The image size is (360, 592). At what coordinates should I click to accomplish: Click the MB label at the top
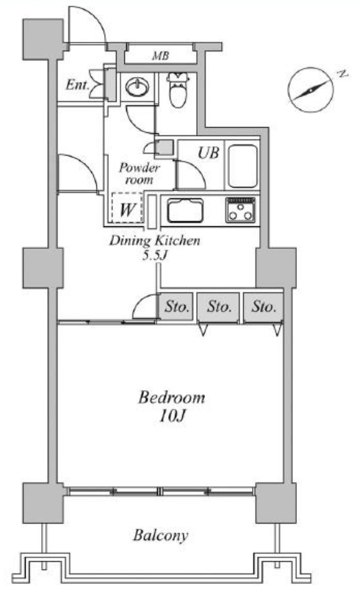pyautogui.click(x=160, y=57)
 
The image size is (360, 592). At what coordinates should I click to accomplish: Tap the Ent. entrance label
pyautogui.click(x=77, y=84)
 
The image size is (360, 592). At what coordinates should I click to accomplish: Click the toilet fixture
pyautogui.click(x=178, y=89)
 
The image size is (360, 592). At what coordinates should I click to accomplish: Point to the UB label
pyautogui.click(x=209, y=153)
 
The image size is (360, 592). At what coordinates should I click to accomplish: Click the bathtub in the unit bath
pyautogui.click(x=243, y=166)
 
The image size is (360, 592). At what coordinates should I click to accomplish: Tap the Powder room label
pyautogui.click(x=140, y=173)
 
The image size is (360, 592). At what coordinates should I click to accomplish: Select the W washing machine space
pyautogui.click(x=126, y=207)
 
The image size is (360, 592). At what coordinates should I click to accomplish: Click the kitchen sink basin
pyautogui.click(x=185, y=210)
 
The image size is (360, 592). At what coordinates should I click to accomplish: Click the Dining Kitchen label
pyautogui.click(x=154, y=240)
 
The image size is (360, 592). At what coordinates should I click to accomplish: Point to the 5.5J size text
pyautogui.click(x=154, y=256)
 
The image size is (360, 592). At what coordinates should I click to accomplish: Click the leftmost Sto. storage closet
pyautogui.click(x=176, y=307)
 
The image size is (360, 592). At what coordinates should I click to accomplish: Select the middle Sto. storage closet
pyautogui.click(x=219, y=307)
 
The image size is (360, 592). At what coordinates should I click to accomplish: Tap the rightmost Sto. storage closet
pyautogui.click(x=263, y=307)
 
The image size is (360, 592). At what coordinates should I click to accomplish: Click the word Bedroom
pyautogui.click(x=172, y=397)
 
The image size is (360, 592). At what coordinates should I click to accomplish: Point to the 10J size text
pyautogui.click(x=172, y=416)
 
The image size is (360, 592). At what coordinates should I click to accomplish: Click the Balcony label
pyautogui.click(x=160, y=535)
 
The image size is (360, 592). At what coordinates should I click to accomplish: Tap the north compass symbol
pyautogui.click(x=312, y=90)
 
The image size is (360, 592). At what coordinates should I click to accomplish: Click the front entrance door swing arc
pyautogui.click(x=93, y=17)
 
